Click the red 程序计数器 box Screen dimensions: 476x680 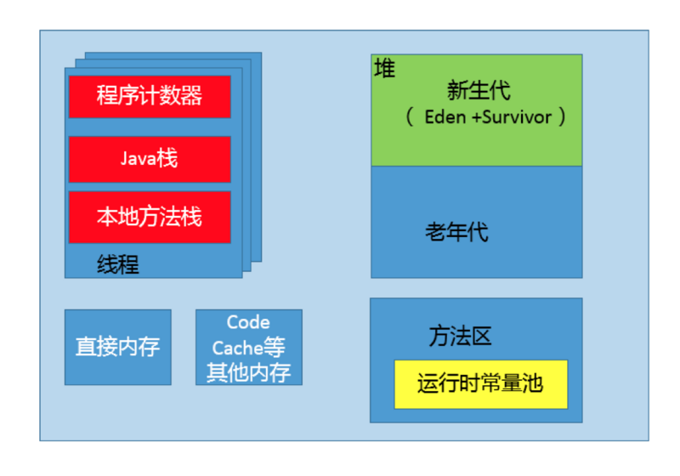tap(150, 96)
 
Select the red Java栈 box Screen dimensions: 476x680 tap(150, 159)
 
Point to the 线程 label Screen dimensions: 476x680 tap(118, 264)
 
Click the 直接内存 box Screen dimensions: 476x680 tap(117, 347)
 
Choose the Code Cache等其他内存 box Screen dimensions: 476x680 tap(248, 347)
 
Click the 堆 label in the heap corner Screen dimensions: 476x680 tap(384, 69)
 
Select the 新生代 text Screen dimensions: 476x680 tap(479, 90)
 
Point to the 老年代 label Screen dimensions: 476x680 tap(457, 231)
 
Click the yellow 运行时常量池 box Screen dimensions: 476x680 tap(480, 384)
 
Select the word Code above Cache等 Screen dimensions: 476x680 tap(248, 323)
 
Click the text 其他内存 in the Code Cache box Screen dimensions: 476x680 tap(248, 372)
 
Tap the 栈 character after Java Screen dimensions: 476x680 tap(167, 159)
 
